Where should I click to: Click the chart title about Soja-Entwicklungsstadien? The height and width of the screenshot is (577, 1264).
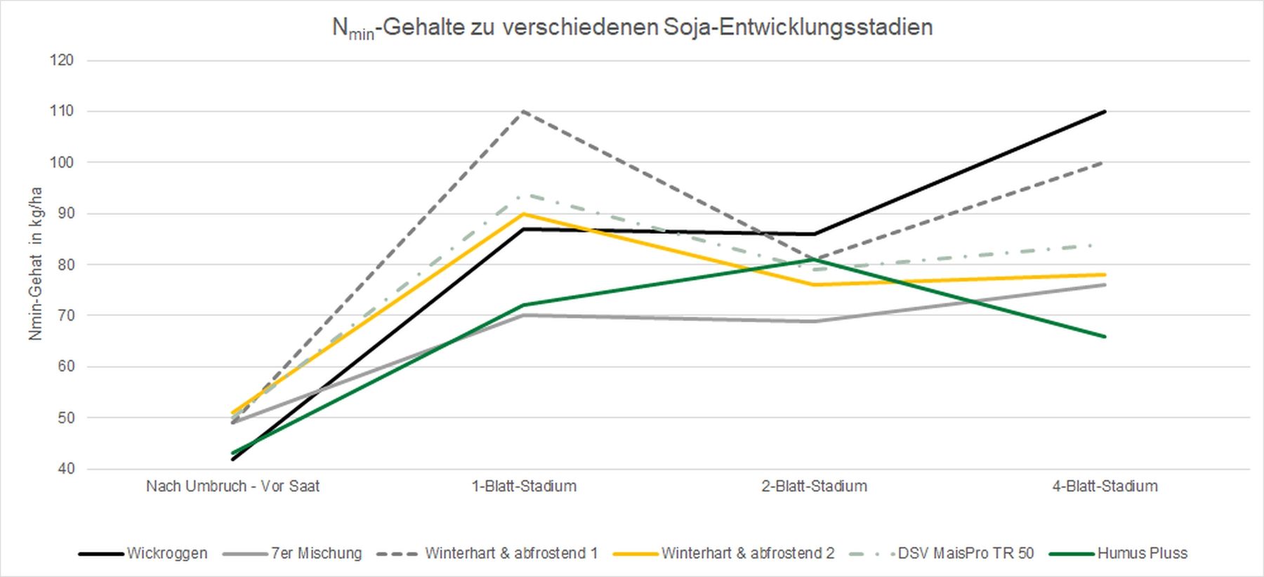(632, 28)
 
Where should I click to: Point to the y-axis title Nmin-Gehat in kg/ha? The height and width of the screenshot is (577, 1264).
(36, 264)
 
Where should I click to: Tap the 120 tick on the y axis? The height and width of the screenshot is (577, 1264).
(62, 60)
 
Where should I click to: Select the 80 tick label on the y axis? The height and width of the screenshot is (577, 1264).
(62, 265)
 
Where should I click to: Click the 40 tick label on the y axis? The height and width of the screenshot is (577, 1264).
(62, 469)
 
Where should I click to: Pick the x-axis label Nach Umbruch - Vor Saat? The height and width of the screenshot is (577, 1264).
(232, 486)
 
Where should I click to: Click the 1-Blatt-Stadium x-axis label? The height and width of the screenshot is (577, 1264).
(524, 486)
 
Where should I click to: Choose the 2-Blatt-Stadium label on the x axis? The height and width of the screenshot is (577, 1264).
(815, 486)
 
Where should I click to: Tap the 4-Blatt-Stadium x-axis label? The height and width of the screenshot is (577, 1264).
(1105, 486)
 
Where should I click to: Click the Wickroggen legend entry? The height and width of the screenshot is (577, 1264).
(167, 553)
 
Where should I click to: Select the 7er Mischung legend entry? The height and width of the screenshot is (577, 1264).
(316, 553)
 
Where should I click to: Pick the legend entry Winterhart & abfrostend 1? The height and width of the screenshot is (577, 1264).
(511, 553)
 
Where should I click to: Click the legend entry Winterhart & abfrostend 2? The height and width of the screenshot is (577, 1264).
(748, 553)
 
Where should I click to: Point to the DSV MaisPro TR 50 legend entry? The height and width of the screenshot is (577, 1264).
(966, 553)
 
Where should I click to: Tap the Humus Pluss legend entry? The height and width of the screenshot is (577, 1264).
(1143, 553)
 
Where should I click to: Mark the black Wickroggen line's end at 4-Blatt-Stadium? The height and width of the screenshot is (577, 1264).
(1105, 112)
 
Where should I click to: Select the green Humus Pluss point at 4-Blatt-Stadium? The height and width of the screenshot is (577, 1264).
(1105, 336)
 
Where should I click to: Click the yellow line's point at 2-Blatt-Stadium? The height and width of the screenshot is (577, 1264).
(815, 285)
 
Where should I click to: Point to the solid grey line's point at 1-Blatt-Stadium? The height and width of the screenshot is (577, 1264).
(524, 315)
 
